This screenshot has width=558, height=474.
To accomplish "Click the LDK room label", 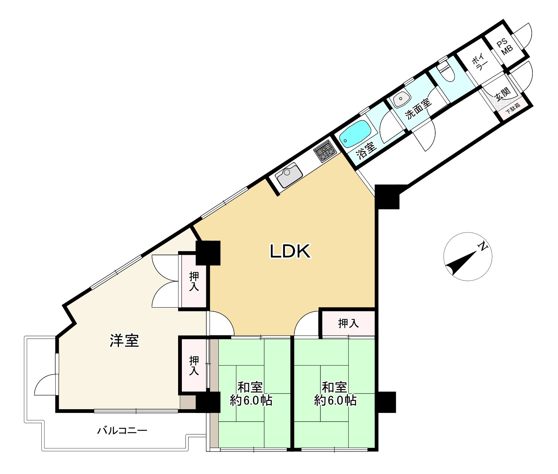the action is pos(290,251).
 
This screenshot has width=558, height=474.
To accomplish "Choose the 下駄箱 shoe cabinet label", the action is pos(513,108).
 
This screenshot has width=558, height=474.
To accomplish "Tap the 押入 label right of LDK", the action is pos(348,323).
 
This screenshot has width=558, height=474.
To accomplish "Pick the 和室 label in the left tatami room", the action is pos(250,388).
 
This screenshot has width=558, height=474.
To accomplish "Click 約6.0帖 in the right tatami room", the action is pos(335,401).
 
